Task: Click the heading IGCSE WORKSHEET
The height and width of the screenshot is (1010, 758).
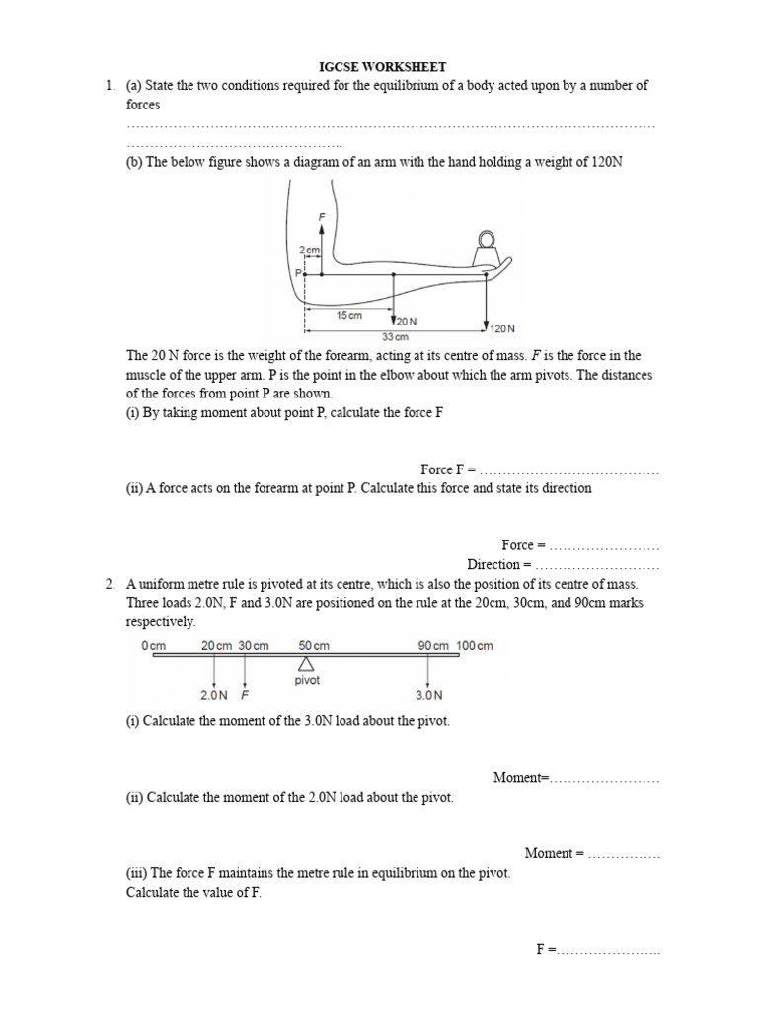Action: point(379,66)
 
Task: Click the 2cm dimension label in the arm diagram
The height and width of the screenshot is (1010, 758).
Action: point(310,252)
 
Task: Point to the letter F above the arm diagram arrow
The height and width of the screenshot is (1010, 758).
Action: point(320,215)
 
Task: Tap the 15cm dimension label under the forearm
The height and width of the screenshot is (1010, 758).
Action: point(349,315)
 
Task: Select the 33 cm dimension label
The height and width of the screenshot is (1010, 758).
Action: point(395,336)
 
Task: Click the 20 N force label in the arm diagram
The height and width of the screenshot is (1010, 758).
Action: point(407,322)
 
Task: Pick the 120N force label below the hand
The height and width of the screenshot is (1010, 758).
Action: point(502,328)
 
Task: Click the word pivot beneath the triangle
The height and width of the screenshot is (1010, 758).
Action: point(307,681)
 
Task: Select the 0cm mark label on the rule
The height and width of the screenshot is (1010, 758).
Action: point(154,646)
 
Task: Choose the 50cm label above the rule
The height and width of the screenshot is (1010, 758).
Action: point(314,646)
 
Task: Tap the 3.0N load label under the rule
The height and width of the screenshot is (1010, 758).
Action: point(428,694)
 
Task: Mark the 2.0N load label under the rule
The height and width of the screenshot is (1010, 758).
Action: point(213,694)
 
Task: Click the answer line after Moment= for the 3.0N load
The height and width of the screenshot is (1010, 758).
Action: point(604,778)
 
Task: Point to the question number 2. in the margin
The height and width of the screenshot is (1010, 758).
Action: point(111,584)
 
